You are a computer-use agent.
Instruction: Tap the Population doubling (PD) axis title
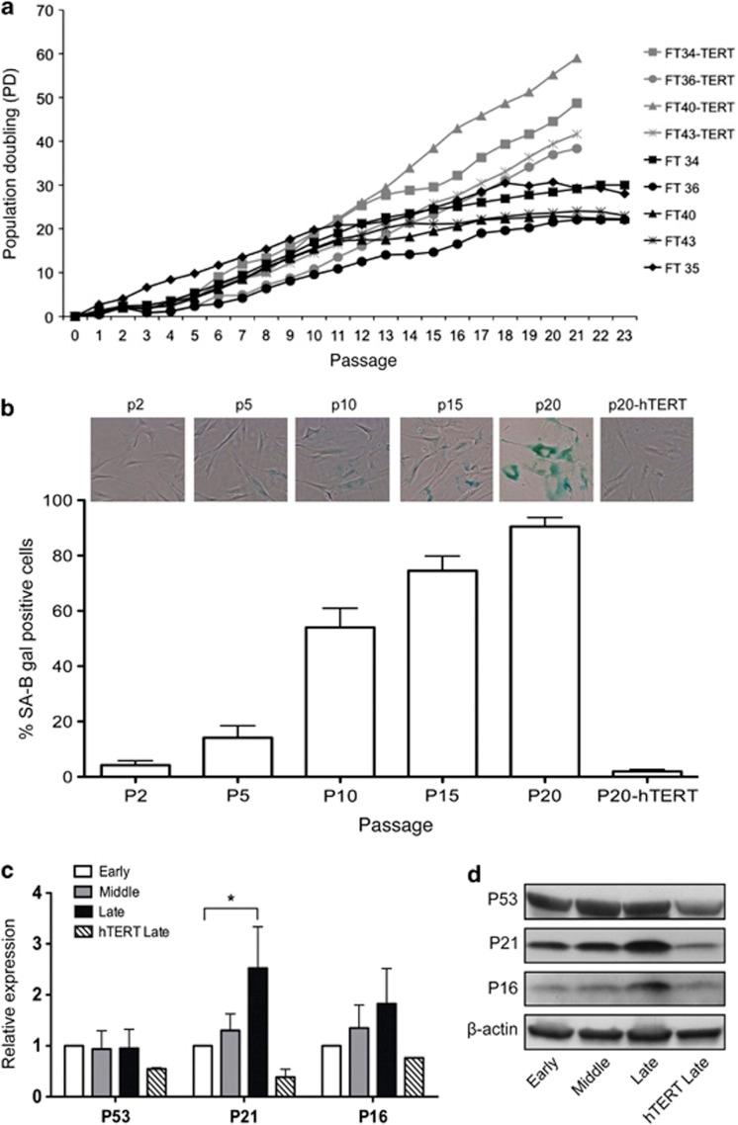pyautogui.click(x=15, y=165)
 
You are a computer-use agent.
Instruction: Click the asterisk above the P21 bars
pyautogui.click(x=230, y=899)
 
